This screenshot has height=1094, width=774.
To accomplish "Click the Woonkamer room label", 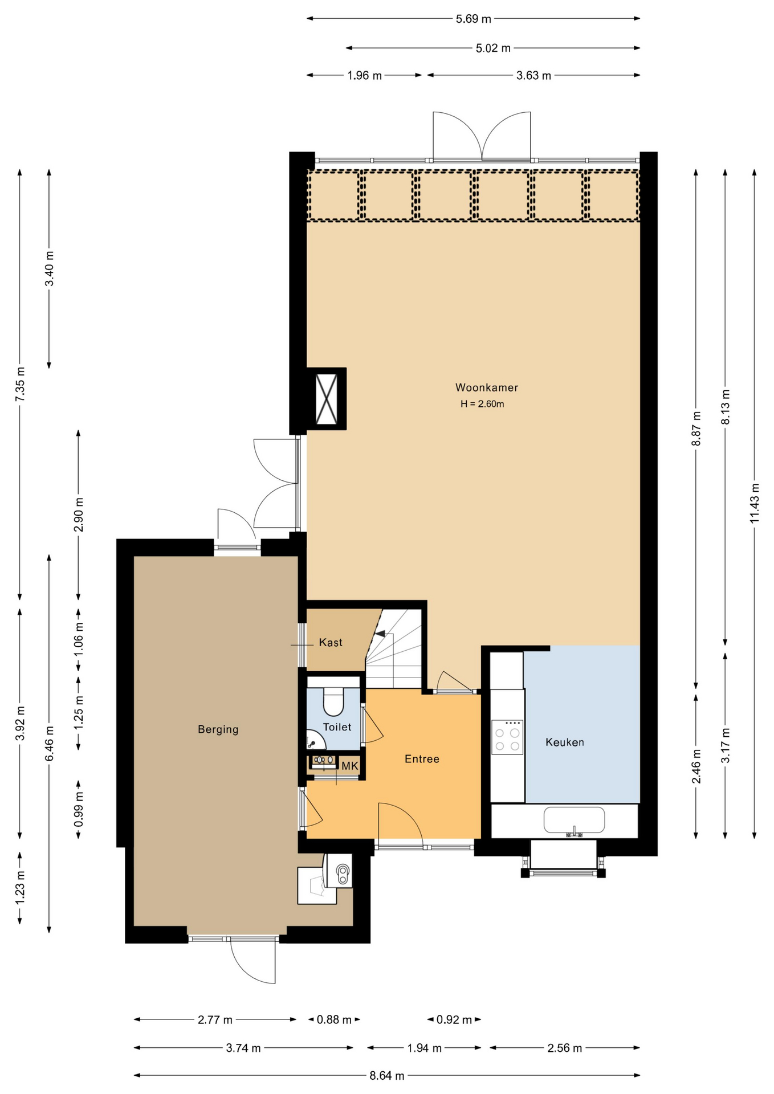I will pyautogui.click(x=486, y=387).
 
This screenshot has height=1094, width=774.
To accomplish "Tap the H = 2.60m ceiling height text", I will pyautogui.click(x=482, y=404).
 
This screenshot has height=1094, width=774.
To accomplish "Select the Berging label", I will pyautogui.click(x=218, y=729).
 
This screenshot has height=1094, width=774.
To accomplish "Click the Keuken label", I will pyautogui.click(x=564, y=742).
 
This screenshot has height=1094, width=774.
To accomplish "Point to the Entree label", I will pyautogui.click(x=422, y=758).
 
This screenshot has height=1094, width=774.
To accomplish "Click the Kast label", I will pyautogui.click(x=331, y=643).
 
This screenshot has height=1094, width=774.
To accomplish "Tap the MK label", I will pyautogui.click(x=350, y=766).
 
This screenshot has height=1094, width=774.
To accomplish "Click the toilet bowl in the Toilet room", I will pyautogui.click(x=333, y=701).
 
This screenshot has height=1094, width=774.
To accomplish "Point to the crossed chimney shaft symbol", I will pyautogui.click(x=327, y=399).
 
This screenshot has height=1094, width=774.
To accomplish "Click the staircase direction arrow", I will pyautogui.click(x=380, y=633).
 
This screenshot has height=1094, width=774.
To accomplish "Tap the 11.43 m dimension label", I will pyautogui.click(x=754, y=503).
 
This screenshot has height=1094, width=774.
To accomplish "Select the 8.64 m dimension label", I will pyautogui.click(x=387, y=1075).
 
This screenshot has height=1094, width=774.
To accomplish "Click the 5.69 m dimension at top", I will pyautogui.click(x=473, y=19).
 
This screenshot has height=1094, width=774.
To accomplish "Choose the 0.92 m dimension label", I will pyautogui.click(x=454, y=1019).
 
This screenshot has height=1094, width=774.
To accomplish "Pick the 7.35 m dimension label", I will pyautogui.click(x=20, y=385).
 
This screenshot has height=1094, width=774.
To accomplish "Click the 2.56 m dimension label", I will pyautogui.click(x=564, y=1047).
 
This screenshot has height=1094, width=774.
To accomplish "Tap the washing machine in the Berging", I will pyautogui.click(x=339, y=870).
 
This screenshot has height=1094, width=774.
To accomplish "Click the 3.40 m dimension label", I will pyautogui.click(x=50, y=268).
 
